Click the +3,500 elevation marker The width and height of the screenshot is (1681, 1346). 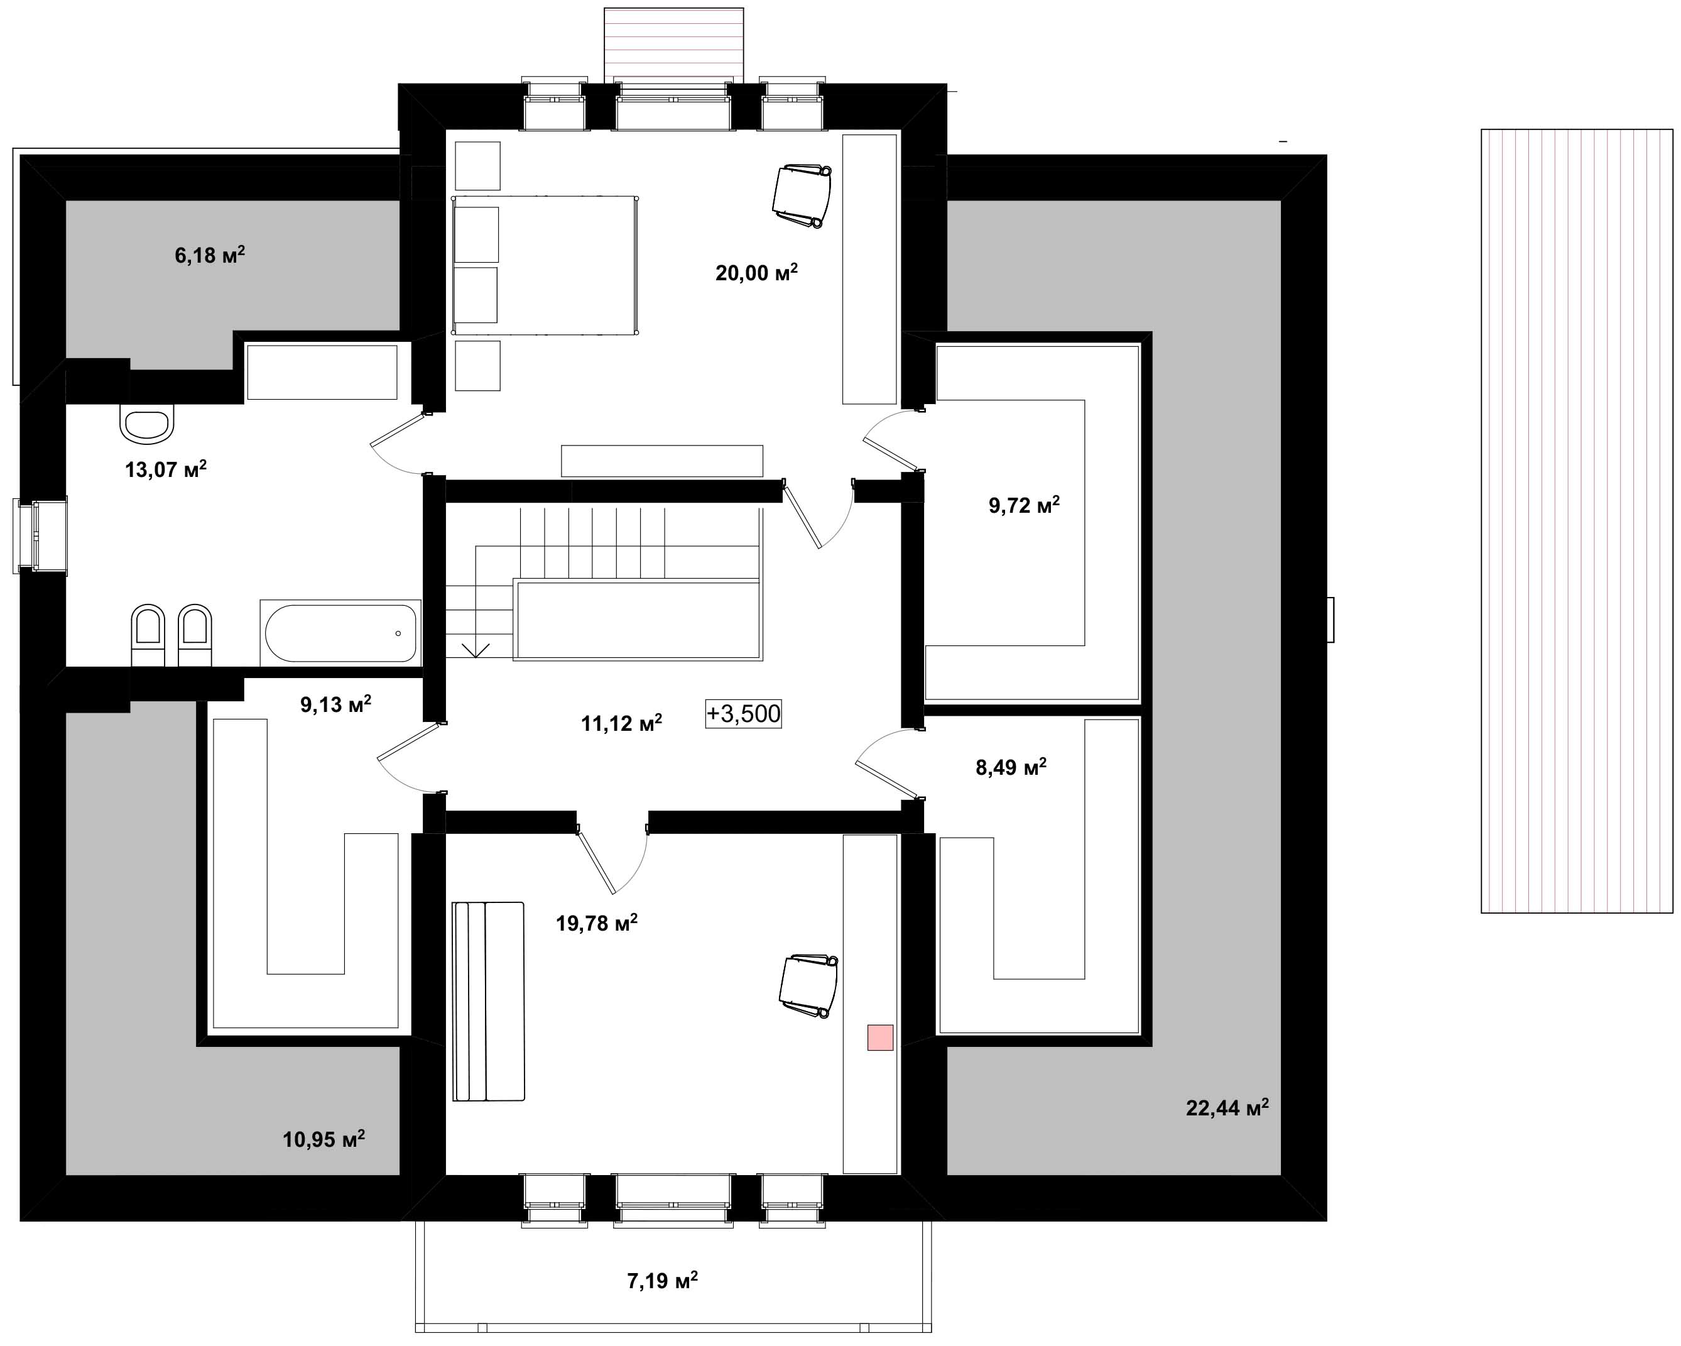(x=743, y=714)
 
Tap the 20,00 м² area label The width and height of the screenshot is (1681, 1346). (x=756, y=272)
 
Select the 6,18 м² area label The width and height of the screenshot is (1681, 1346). (x=210, y=255)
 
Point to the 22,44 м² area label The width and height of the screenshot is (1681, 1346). (x=1227, y=1107)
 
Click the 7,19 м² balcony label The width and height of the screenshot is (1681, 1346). (x=662, y=1281)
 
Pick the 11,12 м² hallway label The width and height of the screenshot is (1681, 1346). (x=621, y=723)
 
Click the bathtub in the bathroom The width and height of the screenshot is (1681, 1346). (x=340, y=632)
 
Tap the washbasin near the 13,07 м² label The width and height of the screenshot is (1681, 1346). (x=146, y=423)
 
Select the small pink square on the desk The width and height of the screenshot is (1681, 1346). (x=880, y=1037)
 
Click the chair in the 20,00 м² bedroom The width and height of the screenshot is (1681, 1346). (x=802, y=195)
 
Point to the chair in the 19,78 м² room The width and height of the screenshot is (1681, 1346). (x=808, y=986)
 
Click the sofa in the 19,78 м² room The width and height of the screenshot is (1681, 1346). (x=488, y=1001)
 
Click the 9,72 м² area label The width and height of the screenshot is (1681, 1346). (x=1024, y=505)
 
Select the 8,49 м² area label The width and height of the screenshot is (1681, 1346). (x=1011, y=767)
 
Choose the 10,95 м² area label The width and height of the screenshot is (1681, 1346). (x=324, y=1139)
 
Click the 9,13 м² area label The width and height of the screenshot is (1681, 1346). (x=335, y=704)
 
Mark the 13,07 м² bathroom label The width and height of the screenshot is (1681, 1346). (x=165, y=469)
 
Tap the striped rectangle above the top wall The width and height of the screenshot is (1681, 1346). (x=673, y=45)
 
